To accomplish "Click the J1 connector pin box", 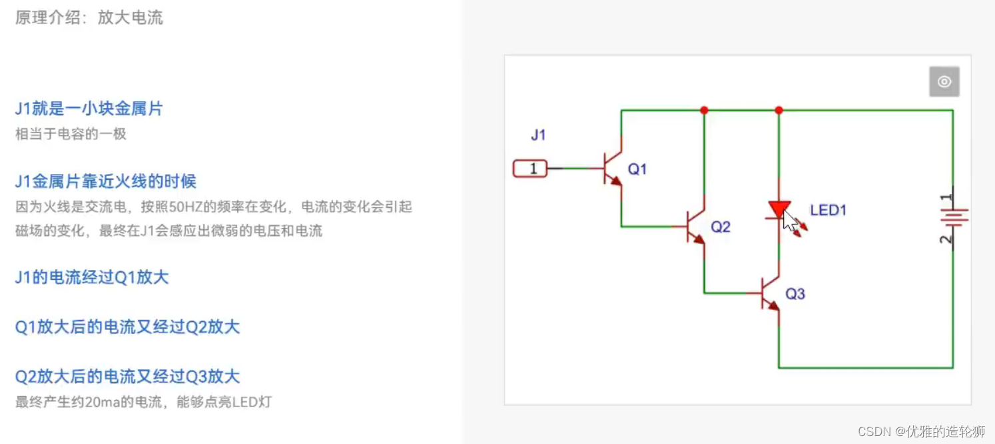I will click(x=530, y=169).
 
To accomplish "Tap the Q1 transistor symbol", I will click(x=611, y=169).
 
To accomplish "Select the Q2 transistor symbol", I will click(x=695, y=227).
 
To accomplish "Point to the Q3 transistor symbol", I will click(x=771, y=293).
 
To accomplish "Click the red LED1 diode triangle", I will click(x=779, y=209).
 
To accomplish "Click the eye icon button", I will click(x=944, y=82).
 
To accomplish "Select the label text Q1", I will click(x=637, y=169).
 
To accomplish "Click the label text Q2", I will click(x=721, y=227).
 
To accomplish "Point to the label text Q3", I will click(x=795, y=294).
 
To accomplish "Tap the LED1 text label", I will click(x=828, y=211).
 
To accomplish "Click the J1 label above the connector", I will click(x=538, y=135).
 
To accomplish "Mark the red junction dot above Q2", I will click(x=704, y=110).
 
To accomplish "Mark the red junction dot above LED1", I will click(x=779, y=110).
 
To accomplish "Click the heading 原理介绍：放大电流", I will click(x=89, y=17).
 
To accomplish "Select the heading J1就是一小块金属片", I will click(x=89, y=109).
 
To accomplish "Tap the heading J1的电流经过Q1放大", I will click(x=92, y=277).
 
